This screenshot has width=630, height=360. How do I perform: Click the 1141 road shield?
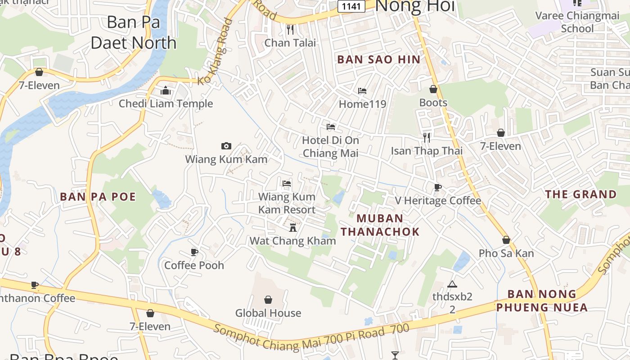coord(351,6)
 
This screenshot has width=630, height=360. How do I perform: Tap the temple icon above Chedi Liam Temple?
coord(166,90)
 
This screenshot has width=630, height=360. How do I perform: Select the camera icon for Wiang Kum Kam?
coord(226,146)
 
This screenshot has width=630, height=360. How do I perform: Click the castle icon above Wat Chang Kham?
coord(293,227)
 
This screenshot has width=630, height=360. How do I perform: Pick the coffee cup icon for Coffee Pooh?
coord(194,252)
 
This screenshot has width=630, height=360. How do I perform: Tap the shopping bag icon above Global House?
coord(268,299)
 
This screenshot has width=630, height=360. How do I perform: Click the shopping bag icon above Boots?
coord(433,89)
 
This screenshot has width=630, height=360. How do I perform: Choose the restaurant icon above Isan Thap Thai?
coord(427,137)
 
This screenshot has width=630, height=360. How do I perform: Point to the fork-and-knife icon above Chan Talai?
coord(290,30)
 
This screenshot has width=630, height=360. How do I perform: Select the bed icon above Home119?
coord(362,91)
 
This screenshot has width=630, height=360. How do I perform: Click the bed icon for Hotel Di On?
coord(331,127)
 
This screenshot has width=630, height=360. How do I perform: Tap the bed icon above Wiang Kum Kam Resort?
coord(287,183)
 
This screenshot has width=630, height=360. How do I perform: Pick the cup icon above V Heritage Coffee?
coord(438,187)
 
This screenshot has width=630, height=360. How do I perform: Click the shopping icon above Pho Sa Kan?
coord(506,240)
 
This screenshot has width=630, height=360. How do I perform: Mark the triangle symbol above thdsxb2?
coord(452,284)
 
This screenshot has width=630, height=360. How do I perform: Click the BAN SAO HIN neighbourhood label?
coord(378,59)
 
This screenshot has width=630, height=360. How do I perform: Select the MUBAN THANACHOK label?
coord(380,225)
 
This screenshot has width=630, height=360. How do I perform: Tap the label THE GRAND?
coord(581,194)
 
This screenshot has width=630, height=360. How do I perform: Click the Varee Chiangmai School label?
coord(577,22)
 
